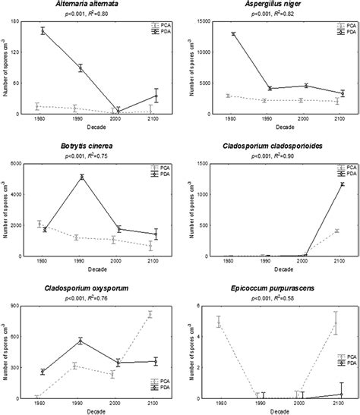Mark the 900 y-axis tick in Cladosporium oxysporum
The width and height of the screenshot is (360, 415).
(23, 306)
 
